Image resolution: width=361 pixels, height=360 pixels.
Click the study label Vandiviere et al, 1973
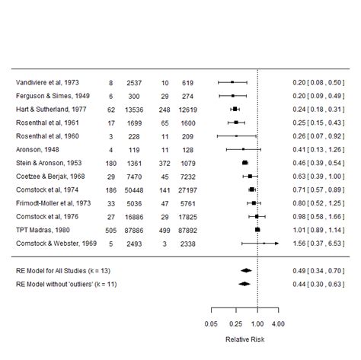[46, 82]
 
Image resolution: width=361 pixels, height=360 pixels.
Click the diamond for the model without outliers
[244, 285]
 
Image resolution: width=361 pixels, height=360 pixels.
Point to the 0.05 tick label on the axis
[211, 324]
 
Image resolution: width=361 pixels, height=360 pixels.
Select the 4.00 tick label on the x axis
[278, 324]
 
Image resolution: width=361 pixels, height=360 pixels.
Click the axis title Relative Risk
[244, 339]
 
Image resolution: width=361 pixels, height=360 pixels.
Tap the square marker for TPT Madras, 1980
[257, 230]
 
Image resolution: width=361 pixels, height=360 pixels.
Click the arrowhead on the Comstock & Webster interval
[276, 244]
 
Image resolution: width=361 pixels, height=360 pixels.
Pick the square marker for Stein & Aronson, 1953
[244, 163]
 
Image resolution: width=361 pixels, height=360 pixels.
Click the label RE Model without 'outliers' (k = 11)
[73, 285]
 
